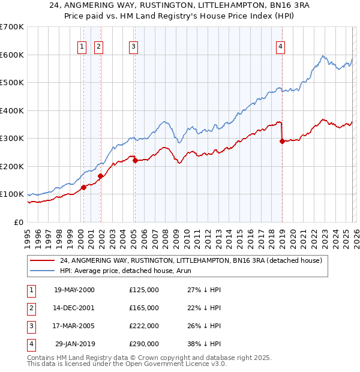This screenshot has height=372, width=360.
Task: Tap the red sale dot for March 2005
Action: click(x=135, y=160)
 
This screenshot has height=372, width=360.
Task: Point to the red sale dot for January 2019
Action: click(x=282, y=142)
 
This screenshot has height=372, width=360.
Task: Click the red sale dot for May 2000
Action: click(x=84, y=187)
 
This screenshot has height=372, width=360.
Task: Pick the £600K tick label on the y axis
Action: click(x=12, y=55)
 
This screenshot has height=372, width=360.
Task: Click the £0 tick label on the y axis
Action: click(x=19, y=222)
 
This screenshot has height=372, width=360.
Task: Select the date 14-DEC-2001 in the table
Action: click(x=74, y=308)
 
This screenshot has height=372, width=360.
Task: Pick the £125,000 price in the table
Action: click(x=144, y=290)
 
